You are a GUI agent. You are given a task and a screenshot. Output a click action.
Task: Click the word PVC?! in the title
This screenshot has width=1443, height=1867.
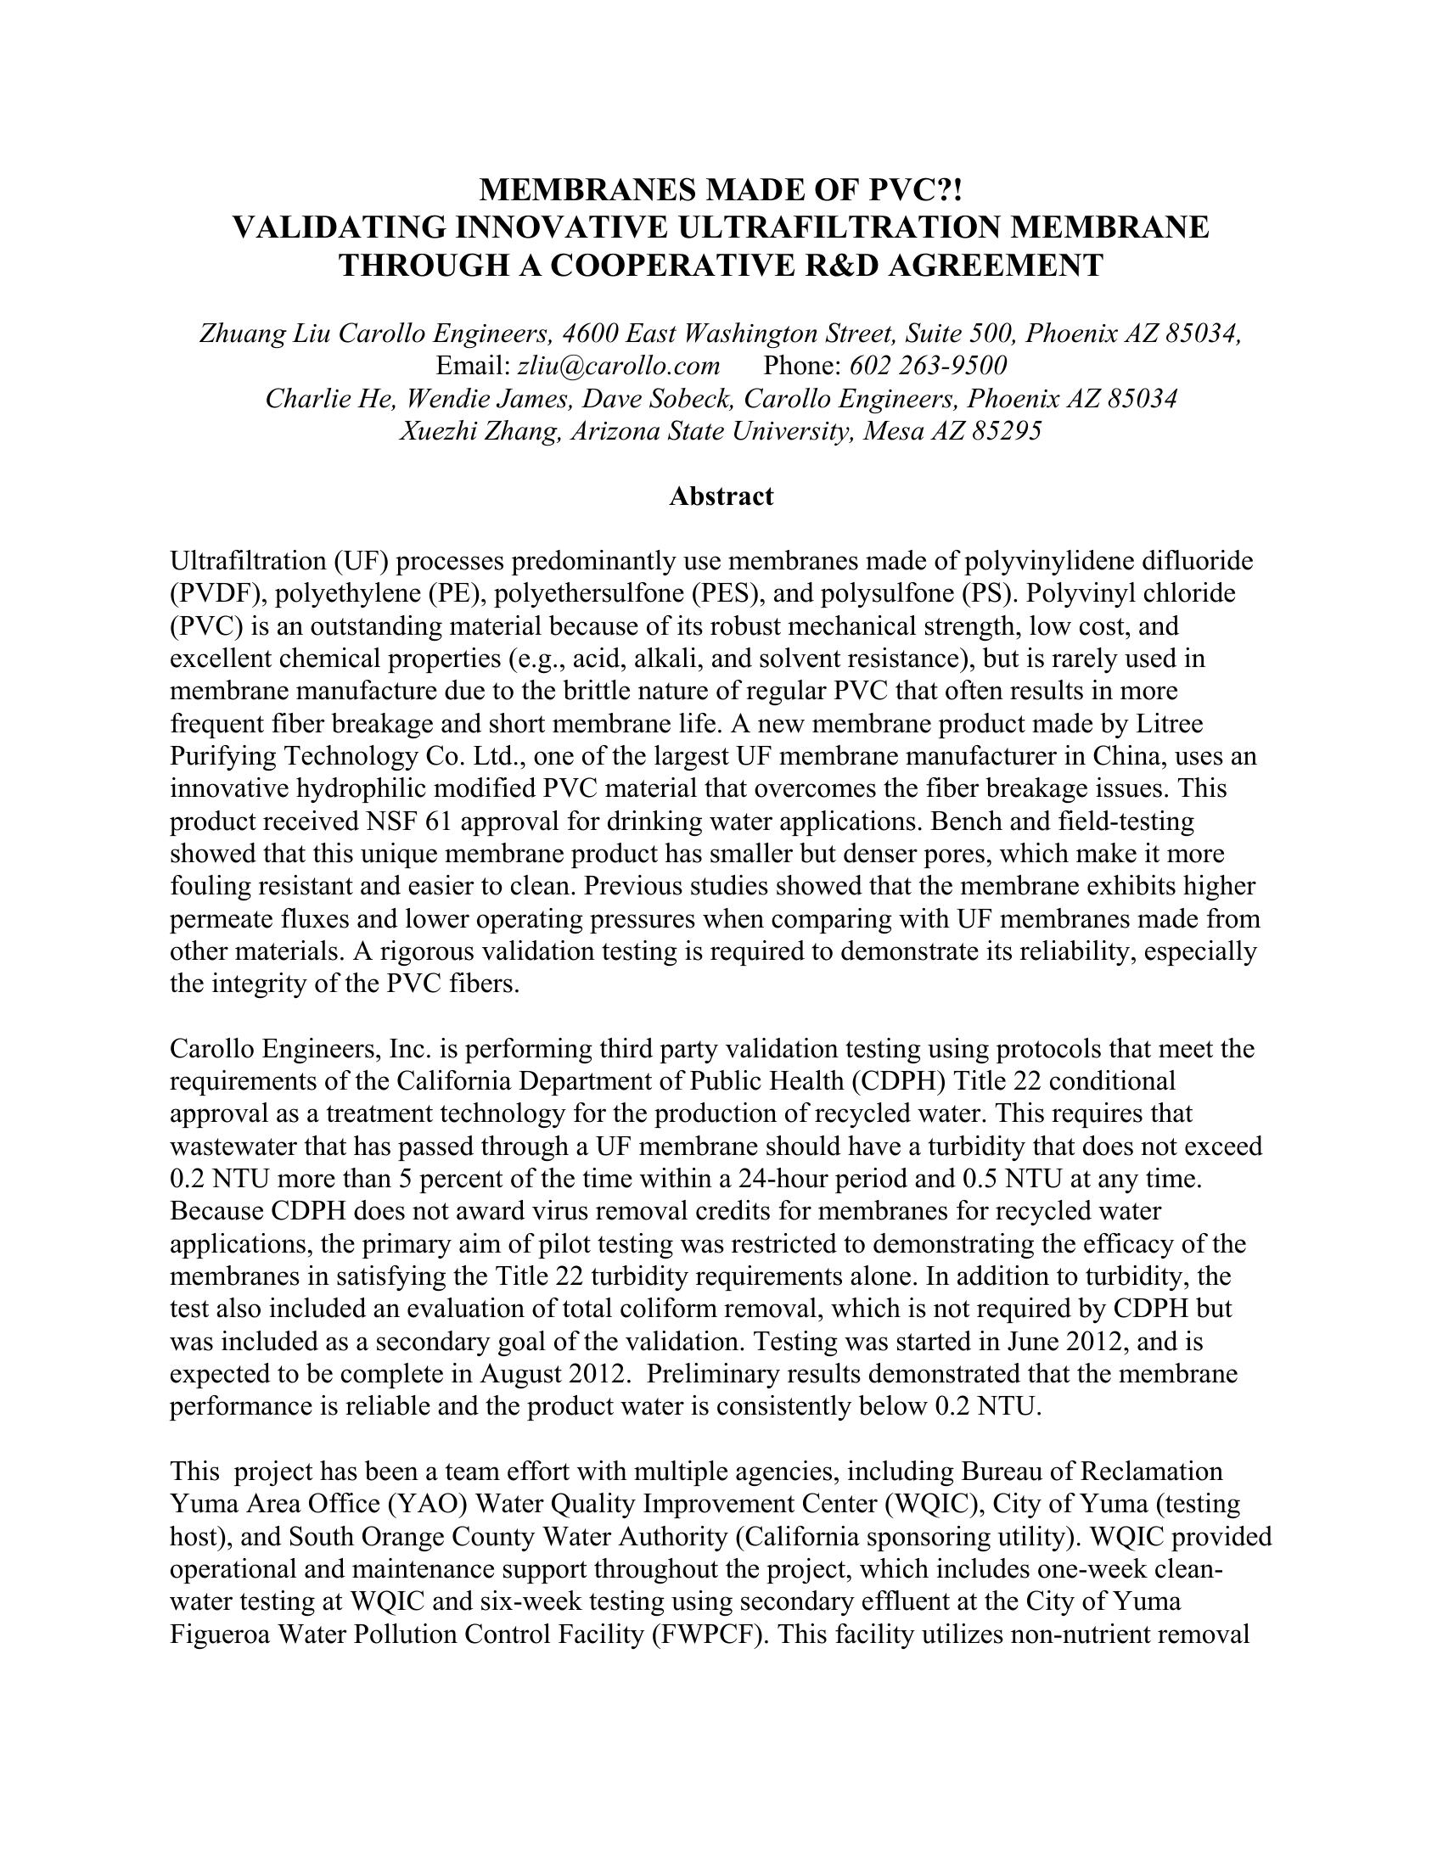916,189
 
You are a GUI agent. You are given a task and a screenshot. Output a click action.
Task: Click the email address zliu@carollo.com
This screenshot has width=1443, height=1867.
619,366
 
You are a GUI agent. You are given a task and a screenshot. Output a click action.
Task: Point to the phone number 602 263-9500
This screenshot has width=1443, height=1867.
928,366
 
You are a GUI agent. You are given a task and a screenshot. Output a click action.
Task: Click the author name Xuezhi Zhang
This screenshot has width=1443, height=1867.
480,431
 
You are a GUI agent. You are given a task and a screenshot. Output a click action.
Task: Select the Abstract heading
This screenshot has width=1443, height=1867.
721,496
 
